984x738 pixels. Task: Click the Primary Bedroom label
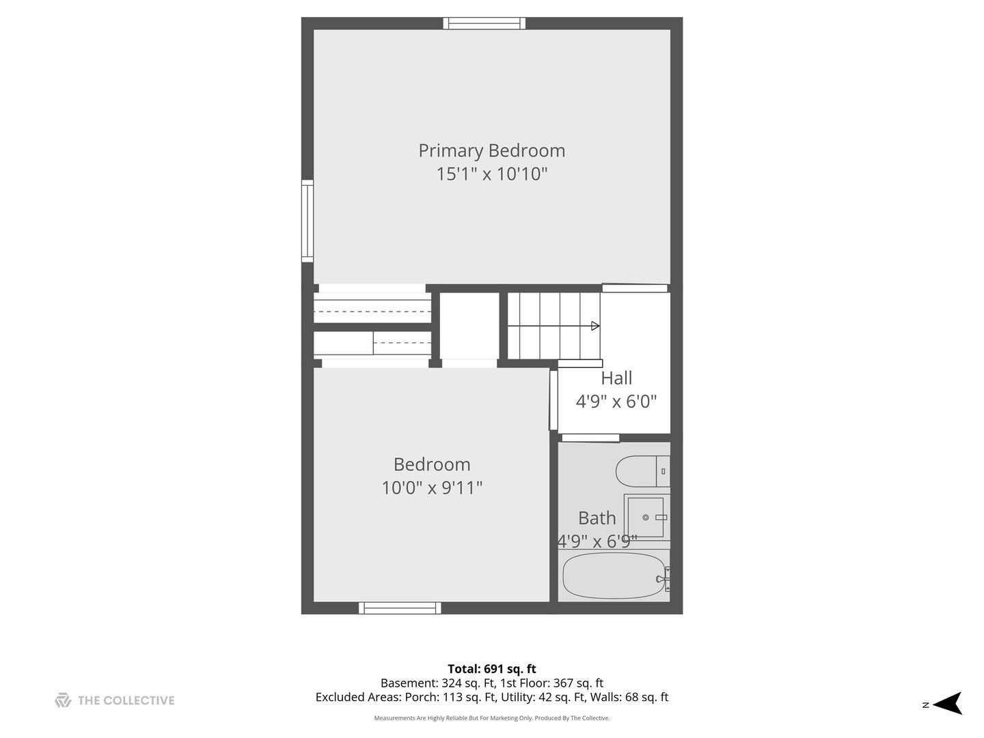[491, 150]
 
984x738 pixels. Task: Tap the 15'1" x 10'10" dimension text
[492, 174]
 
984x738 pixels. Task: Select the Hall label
[616, 378]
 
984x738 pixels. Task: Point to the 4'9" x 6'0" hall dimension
[616, 402]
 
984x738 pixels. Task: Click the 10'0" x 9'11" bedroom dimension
[432, 487]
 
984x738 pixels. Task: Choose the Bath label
[597, 519]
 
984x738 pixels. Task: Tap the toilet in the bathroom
[643, 471]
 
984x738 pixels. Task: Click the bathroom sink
[646, 517]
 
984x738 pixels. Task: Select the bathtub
[614, 576]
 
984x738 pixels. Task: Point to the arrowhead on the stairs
[595, 326]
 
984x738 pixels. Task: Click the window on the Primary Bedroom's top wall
[484, 23]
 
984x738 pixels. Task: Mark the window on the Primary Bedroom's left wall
[307, 221]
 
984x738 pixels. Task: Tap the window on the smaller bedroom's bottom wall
[400, 608]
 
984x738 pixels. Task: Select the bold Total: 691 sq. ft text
[492, 669]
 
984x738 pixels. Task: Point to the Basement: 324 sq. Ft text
[438, 683]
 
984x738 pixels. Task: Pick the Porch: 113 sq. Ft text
[450, 697]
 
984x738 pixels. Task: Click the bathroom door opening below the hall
[590, 437]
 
